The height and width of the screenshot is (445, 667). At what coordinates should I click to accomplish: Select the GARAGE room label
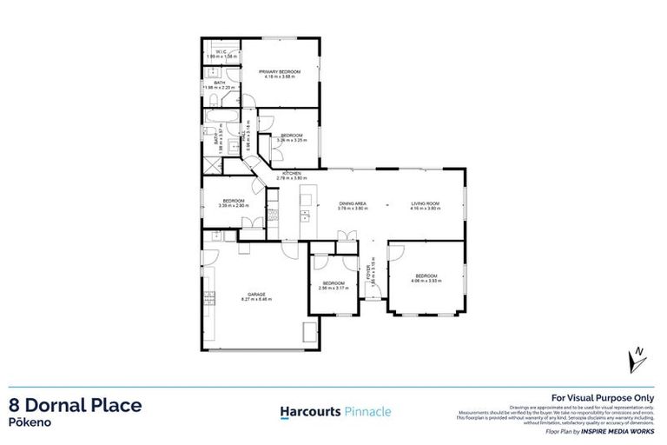pos(255,294)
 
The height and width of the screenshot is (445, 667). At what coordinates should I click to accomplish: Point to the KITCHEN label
pos(292,173)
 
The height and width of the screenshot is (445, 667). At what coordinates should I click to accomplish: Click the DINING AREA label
pos(353,203)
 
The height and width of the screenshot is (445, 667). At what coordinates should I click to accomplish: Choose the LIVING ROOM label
pos(426,203)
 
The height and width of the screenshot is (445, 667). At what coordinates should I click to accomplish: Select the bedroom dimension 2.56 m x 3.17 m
pos(333,289)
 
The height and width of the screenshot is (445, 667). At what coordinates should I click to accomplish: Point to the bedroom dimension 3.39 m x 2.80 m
pos(234,206)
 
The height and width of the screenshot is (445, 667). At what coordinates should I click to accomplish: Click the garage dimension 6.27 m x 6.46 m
pos(255,300)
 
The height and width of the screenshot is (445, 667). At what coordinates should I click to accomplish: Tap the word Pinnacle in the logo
pos(363,410)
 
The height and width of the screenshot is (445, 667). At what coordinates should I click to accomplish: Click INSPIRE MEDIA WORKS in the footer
pos(628,430)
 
